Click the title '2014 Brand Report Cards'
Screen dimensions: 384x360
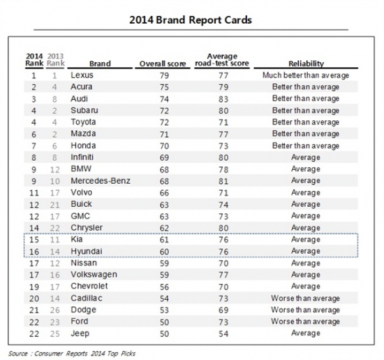point(191,20)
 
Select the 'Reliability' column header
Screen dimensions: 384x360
point(306,64)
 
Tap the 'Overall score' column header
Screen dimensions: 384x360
point(163,64)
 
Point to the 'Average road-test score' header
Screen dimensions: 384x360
point(222,60)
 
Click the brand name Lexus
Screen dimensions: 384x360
point(82,75)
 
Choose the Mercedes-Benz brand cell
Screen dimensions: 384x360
point(101,181)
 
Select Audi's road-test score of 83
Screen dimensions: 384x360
point(223,99)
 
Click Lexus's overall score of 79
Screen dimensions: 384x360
point(164,75)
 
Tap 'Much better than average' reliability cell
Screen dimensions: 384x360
point(306,75)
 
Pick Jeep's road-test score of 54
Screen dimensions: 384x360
point(223,333)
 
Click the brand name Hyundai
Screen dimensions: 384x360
point(87,252)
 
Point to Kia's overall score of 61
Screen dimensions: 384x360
point(164,240)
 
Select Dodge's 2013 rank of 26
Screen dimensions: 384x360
point(55,310)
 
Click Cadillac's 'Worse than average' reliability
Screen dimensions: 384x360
point(305,298)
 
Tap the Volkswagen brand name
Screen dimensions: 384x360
point(94,275)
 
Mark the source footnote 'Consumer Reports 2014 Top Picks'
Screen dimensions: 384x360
point(84,354)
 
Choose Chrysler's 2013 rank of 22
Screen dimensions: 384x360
point(55,228)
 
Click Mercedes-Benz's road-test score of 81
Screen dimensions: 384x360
point(223,182)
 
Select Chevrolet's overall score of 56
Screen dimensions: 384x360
point(164,287)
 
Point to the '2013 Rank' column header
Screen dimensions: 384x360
point(56,60)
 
